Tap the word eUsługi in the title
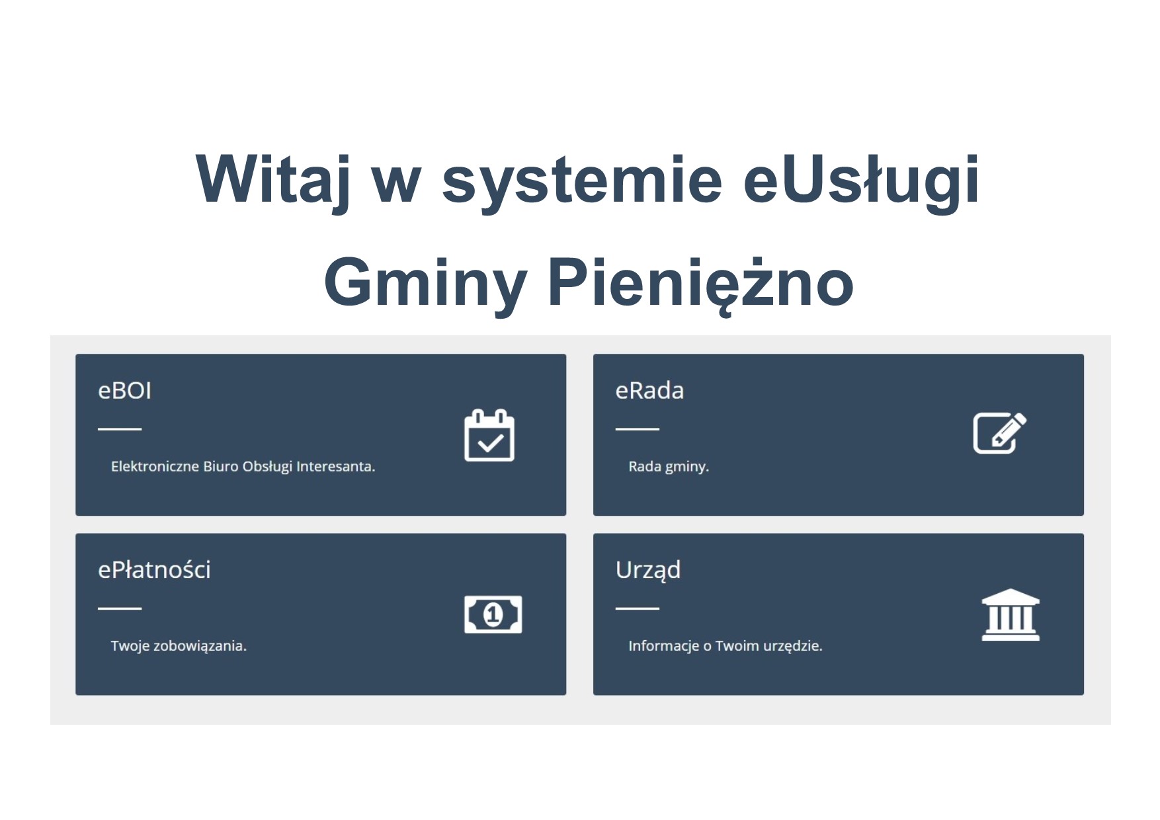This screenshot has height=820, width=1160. [x=860, y=179]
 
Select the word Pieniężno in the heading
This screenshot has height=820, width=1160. [x=700, y=283]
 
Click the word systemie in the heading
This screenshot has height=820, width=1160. [x=582, y=179]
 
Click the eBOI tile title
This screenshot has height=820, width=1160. [x=124, y=391]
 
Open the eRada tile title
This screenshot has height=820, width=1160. [x=649, y=391]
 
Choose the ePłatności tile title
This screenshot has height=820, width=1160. [x=154, y=570]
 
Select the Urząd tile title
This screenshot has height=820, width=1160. [x=647, y=570]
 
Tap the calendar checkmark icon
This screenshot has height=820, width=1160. [x=489, y=436]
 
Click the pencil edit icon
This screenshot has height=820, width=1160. [x=999, y=433]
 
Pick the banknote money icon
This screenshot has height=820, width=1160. [x=493, y=614]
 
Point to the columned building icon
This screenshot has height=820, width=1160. [x=1011, y=614]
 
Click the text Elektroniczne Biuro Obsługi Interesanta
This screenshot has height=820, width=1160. [x=243, y=467]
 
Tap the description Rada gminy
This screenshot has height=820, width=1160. [x=668, y=467]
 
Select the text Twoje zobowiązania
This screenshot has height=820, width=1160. [x=179, y=646]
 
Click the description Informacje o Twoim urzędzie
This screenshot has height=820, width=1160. [x=725, y=646]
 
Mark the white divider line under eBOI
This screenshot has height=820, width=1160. [x=120, y=429]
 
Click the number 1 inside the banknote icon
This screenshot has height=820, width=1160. [x=493, y=615]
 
